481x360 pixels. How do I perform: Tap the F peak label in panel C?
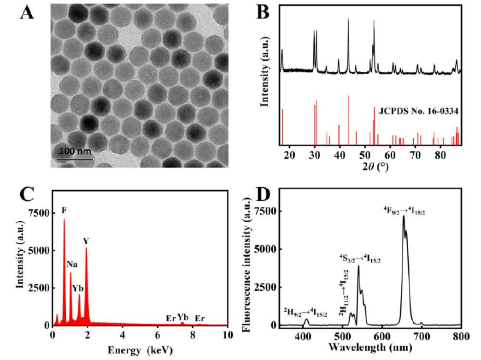pos(64,211)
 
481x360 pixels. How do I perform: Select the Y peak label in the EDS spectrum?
pos(86,241)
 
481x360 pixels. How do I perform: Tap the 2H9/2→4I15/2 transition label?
pos(305,314)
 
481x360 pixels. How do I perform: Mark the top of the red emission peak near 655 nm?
pos(404,216)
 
